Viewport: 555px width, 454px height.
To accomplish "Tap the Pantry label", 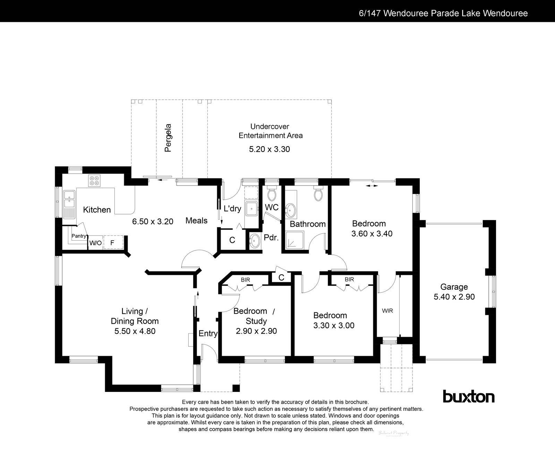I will pos(79,236).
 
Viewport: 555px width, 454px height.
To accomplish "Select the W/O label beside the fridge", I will pos(95,243).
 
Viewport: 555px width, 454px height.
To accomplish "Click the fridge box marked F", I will pos(112,243).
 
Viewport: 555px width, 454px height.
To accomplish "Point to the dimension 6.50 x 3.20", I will pos(153,221).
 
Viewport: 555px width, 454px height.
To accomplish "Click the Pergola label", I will pos(168,138).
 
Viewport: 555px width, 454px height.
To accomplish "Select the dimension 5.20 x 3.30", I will pos(270,149).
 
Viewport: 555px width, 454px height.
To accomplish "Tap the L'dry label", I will pos(232,209).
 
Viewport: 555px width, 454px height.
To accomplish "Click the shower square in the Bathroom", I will pos(295,241).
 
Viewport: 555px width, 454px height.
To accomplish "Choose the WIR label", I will pos(387,311).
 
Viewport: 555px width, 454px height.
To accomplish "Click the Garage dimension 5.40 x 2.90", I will pos(454,297).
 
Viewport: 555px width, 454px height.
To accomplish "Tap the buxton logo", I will pos(469,396).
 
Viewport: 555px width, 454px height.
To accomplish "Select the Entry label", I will pos(208,334).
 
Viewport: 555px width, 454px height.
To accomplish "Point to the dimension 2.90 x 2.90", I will pos(256,331).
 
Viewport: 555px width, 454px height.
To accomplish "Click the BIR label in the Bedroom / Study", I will pos(245,280).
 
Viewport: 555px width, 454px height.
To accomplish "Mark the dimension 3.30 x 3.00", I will pos(334,326).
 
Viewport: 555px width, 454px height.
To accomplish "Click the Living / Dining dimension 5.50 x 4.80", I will pos(135,331).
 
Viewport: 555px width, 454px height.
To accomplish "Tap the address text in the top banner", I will pos(443,13).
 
